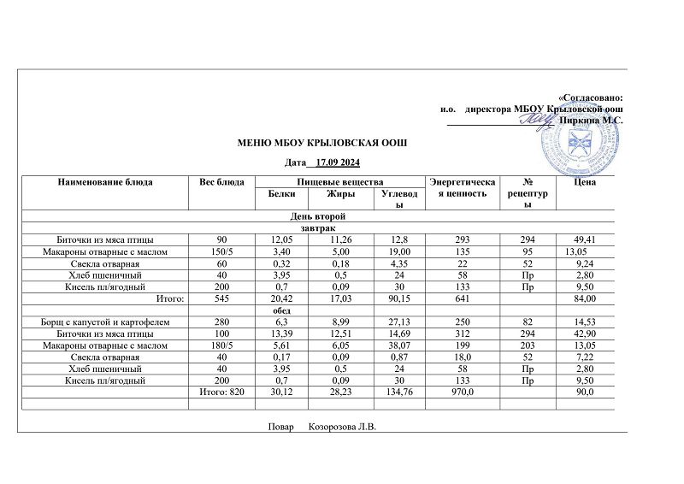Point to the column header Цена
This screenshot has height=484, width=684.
586,182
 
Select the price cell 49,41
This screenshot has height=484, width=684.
593,241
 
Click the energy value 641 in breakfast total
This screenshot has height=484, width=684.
463,298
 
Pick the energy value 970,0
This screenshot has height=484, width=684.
463,392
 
